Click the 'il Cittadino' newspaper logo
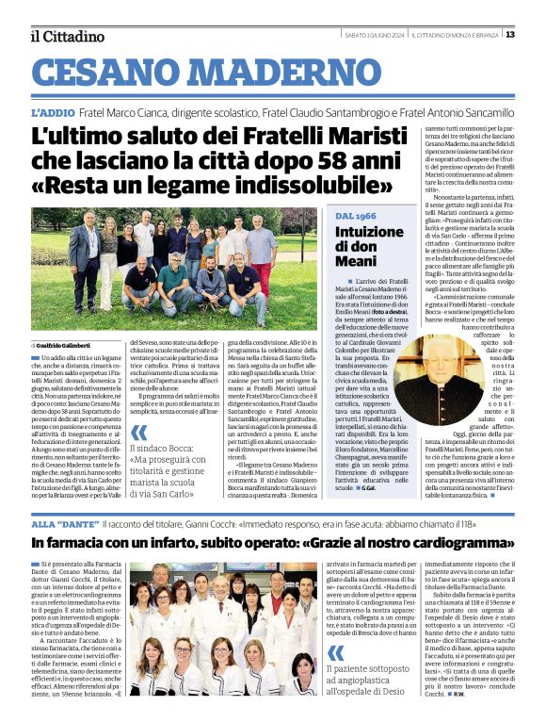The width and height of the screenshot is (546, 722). (x=67, y=36)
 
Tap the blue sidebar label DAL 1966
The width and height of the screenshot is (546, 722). (x=355, y=217)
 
